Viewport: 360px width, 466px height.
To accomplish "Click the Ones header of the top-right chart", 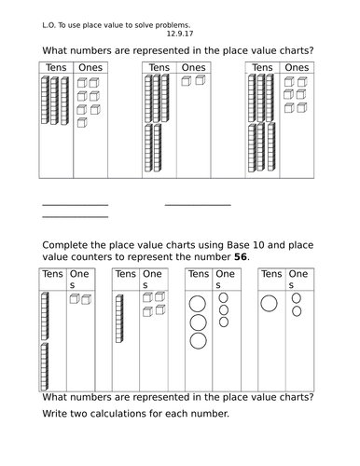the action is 297,68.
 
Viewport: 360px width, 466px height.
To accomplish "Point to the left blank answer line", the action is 76,205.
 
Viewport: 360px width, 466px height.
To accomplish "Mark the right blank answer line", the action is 198,205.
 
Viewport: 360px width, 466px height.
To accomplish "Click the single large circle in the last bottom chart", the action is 270,303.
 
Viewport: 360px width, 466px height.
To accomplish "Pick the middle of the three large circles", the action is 198,322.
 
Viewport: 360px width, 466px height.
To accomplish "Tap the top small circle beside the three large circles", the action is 224,299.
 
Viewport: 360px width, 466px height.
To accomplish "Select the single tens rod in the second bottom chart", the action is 119,319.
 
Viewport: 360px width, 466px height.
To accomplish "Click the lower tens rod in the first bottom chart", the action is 45,363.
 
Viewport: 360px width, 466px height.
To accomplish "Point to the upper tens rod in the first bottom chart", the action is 45,314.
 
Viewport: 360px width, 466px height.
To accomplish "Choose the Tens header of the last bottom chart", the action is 270,274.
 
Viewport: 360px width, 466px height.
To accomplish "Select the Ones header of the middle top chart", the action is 193,68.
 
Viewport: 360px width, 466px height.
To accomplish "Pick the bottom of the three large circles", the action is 198,341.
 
